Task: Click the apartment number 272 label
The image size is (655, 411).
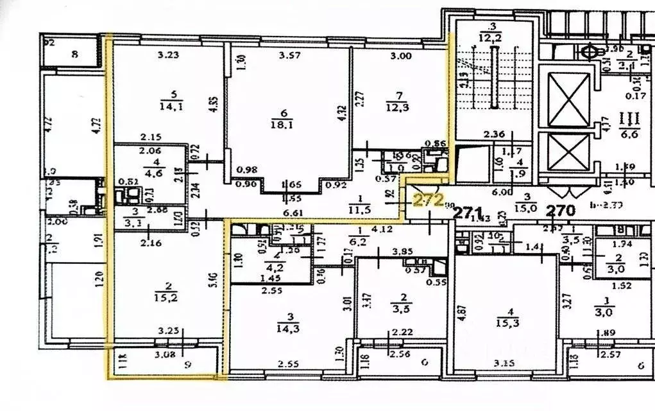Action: [428, 200]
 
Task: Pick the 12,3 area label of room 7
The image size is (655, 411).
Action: [400, 106]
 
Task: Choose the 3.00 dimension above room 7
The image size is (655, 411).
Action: [401, 56]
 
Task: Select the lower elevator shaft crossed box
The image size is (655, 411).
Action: [568, 152]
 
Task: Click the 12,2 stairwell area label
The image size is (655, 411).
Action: [493, 37]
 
